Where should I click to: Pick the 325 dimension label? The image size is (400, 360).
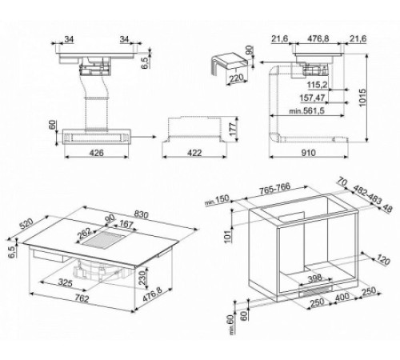click(66, 283)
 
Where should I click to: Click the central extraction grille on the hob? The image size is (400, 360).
click(108, 239)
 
